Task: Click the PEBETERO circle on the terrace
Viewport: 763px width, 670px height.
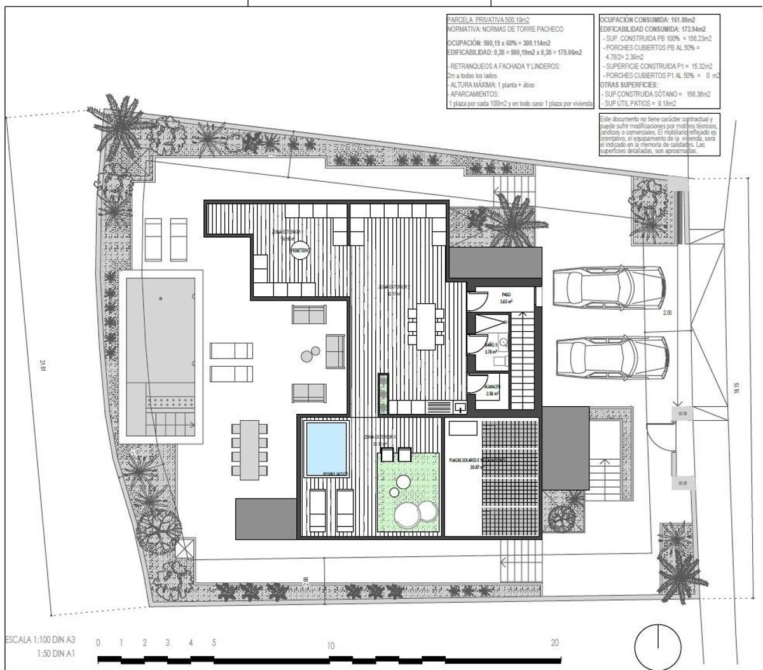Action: pos(300,251)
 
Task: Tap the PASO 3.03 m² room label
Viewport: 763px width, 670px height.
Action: pos(506,298)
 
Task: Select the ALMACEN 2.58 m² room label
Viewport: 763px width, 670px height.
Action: pos(492,390)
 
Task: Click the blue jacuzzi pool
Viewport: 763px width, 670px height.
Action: pos(326,448)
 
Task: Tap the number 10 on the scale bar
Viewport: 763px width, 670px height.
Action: pos(331,645)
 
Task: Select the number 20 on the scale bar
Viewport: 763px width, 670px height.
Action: pos(554,643)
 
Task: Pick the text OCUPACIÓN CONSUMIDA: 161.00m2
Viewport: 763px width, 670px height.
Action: pos(647,20)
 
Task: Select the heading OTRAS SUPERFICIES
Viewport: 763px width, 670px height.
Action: pos(629,85)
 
